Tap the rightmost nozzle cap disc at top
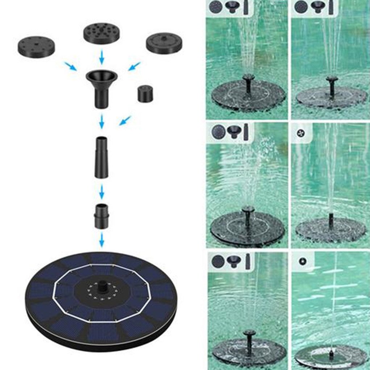164,43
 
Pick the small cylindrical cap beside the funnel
145,94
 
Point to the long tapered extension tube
102,157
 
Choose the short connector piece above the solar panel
102,215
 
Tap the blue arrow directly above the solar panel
102,240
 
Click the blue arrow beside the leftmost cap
70,66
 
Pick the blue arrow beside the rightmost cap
134,66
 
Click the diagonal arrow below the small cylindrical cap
125,120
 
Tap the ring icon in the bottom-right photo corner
301,261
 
